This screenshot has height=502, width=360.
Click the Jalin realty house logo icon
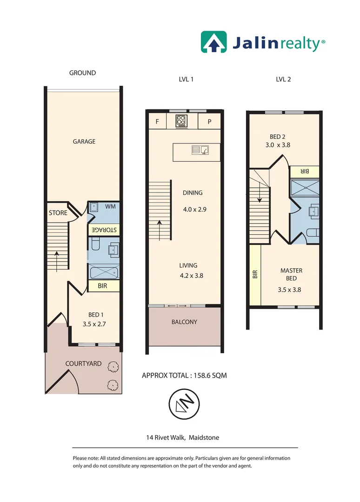[213, 41]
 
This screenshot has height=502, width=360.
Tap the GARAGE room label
[84, 141]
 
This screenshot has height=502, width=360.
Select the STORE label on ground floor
[58, 213]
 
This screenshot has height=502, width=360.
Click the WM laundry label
[110, 206]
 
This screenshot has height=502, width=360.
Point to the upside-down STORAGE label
[104, 230]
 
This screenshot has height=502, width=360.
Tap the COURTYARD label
[83, 363]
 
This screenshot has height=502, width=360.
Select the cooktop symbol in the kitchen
[181, 121]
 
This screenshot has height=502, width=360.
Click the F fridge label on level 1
[158, 122]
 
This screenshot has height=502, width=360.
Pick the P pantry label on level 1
[209, 122]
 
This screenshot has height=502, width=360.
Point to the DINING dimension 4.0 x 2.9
[194, 209]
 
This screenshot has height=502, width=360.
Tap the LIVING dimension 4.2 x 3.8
[192, 275]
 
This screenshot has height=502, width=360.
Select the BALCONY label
[184, 322]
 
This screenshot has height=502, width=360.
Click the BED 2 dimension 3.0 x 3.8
[277, 145]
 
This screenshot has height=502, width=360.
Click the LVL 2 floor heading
[283, 79]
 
